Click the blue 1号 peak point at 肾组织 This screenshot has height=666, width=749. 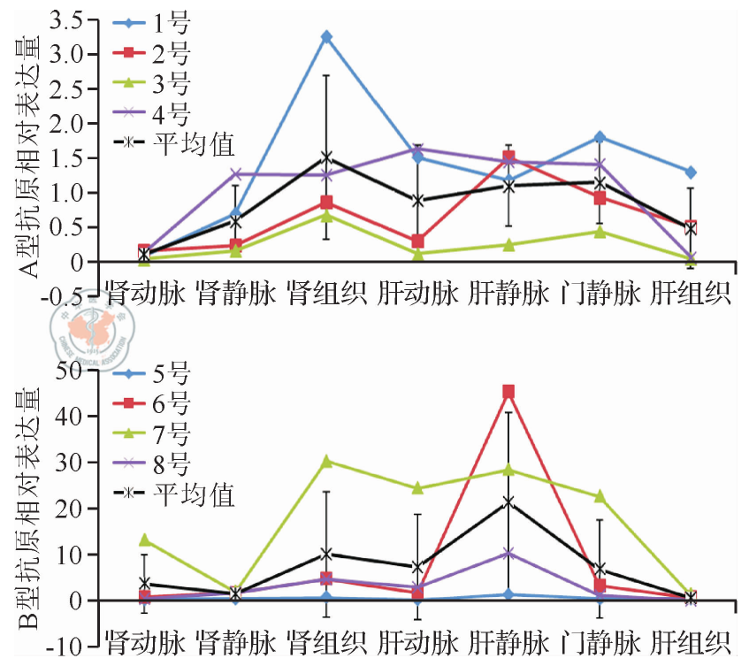pyautogui.click(x=326, y=37)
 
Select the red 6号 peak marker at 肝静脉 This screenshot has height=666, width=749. pyautogui.click(x=508, y=392)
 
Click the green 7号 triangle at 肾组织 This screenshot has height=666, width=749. pyautogui.click(x=326, y=461)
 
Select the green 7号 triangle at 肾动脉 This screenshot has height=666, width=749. pyautogui.click(x=145, y=540)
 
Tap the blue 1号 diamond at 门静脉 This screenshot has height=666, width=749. pyautogui.click(x=600, y=137)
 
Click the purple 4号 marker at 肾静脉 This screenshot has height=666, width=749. pyautogui.click(x=236, y=174)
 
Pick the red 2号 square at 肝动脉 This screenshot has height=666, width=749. pyautogui.click(x=417, y=241)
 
